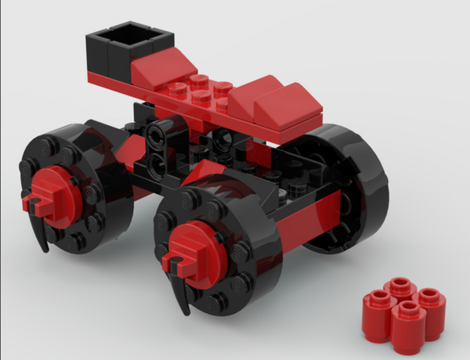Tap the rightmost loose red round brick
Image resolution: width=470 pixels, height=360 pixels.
tap(430, 301)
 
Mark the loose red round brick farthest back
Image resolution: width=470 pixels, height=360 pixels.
tap(400, 286)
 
